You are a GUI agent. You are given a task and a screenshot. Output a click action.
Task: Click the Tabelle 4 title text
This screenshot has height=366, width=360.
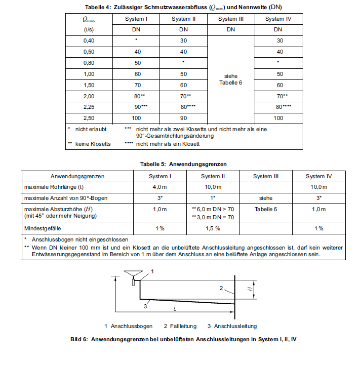tap(180, 8)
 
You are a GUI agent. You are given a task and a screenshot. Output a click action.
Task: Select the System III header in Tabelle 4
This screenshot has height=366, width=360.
tap(231, 19)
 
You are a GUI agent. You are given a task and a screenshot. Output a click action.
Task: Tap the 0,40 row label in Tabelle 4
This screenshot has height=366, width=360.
tap(89, 40)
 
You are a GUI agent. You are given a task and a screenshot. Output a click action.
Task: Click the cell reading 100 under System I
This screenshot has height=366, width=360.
tap(137, 118)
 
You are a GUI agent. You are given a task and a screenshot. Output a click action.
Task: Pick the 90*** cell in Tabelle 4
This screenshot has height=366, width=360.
tap(137, 107)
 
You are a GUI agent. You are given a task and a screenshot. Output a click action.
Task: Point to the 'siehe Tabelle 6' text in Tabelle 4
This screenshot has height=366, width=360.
tap(230, 79)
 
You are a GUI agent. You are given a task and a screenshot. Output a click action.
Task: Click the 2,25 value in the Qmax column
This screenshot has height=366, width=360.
tap(89, 107)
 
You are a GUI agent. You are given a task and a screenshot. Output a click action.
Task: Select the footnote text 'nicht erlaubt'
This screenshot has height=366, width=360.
tap(92, 129)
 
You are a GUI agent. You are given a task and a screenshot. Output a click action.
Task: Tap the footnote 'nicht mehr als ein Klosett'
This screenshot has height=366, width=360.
tap(168, 144)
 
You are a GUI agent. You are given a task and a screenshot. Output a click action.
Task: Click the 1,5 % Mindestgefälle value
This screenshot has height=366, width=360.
tap(213, 229)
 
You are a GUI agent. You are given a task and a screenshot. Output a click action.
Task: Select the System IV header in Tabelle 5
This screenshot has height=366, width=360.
tap(318, 176)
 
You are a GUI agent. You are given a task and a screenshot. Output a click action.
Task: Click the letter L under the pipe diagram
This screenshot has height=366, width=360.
tap(175, 308)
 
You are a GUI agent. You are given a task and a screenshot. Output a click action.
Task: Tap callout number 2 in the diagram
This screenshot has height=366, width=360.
tap(221, 288)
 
